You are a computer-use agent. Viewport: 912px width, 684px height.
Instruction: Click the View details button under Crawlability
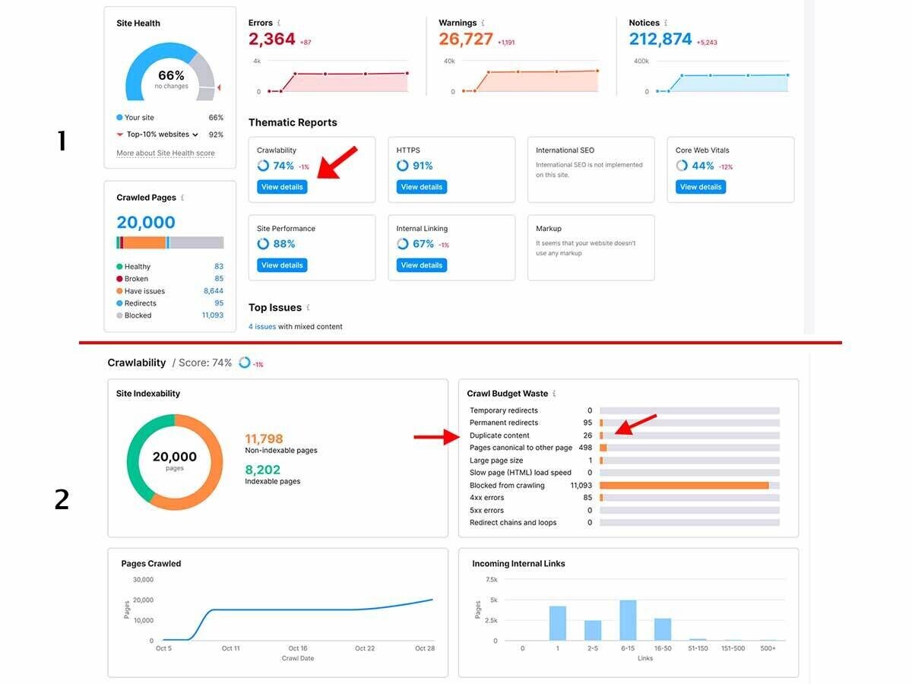click(282, 187)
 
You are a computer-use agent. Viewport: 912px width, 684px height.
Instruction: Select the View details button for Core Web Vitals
click(700, 187)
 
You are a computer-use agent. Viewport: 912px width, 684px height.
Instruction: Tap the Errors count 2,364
click(272, 39)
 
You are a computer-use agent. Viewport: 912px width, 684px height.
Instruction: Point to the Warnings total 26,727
click(466, 39)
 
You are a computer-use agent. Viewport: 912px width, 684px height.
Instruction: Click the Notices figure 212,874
click(660, 39)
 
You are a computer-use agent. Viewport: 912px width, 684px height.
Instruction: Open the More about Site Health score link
click(165, 154)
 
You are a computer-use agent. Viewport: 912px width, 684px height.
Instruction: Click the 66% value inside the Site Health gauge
click(171, 75)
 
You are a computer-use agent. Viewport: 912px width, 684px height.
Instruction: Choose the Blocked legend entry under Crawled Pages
click(138, 315)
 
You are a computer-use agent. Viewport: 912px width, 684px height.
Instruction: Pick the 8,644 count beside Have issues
click(213, 291)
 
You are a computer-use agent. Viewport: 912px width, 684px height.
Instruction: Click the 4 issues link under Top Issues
click(261, 327)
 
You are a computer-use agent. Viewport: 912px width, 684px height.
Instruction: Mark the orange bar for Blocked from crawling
click(684, 485)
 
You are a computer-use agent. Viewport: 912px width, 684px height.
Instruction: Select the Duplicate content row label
click(499, 435)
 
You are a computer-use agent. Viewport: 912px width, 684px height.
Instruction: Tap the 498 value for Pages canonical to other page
click(584, 448)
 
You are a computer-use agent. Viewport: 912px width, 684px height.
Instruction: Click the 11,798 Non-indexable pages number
click(264, 439)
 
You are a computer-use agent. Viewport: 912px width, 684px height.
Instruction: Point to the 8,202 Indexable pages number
click(262, 470)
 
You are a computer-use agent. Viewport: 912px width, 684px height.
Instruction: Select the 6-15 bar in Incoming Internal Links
click(628, 620)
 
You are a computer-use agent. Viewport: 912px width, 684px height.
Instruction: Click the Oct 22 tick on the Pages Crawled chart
click(365, 648)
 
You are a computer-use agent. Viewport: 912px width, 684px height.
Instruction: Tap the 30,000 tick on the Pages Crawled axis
click(143, 579)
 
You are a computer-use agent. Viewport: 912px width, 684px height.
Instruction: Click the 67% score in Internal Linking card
click(423, 244)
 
